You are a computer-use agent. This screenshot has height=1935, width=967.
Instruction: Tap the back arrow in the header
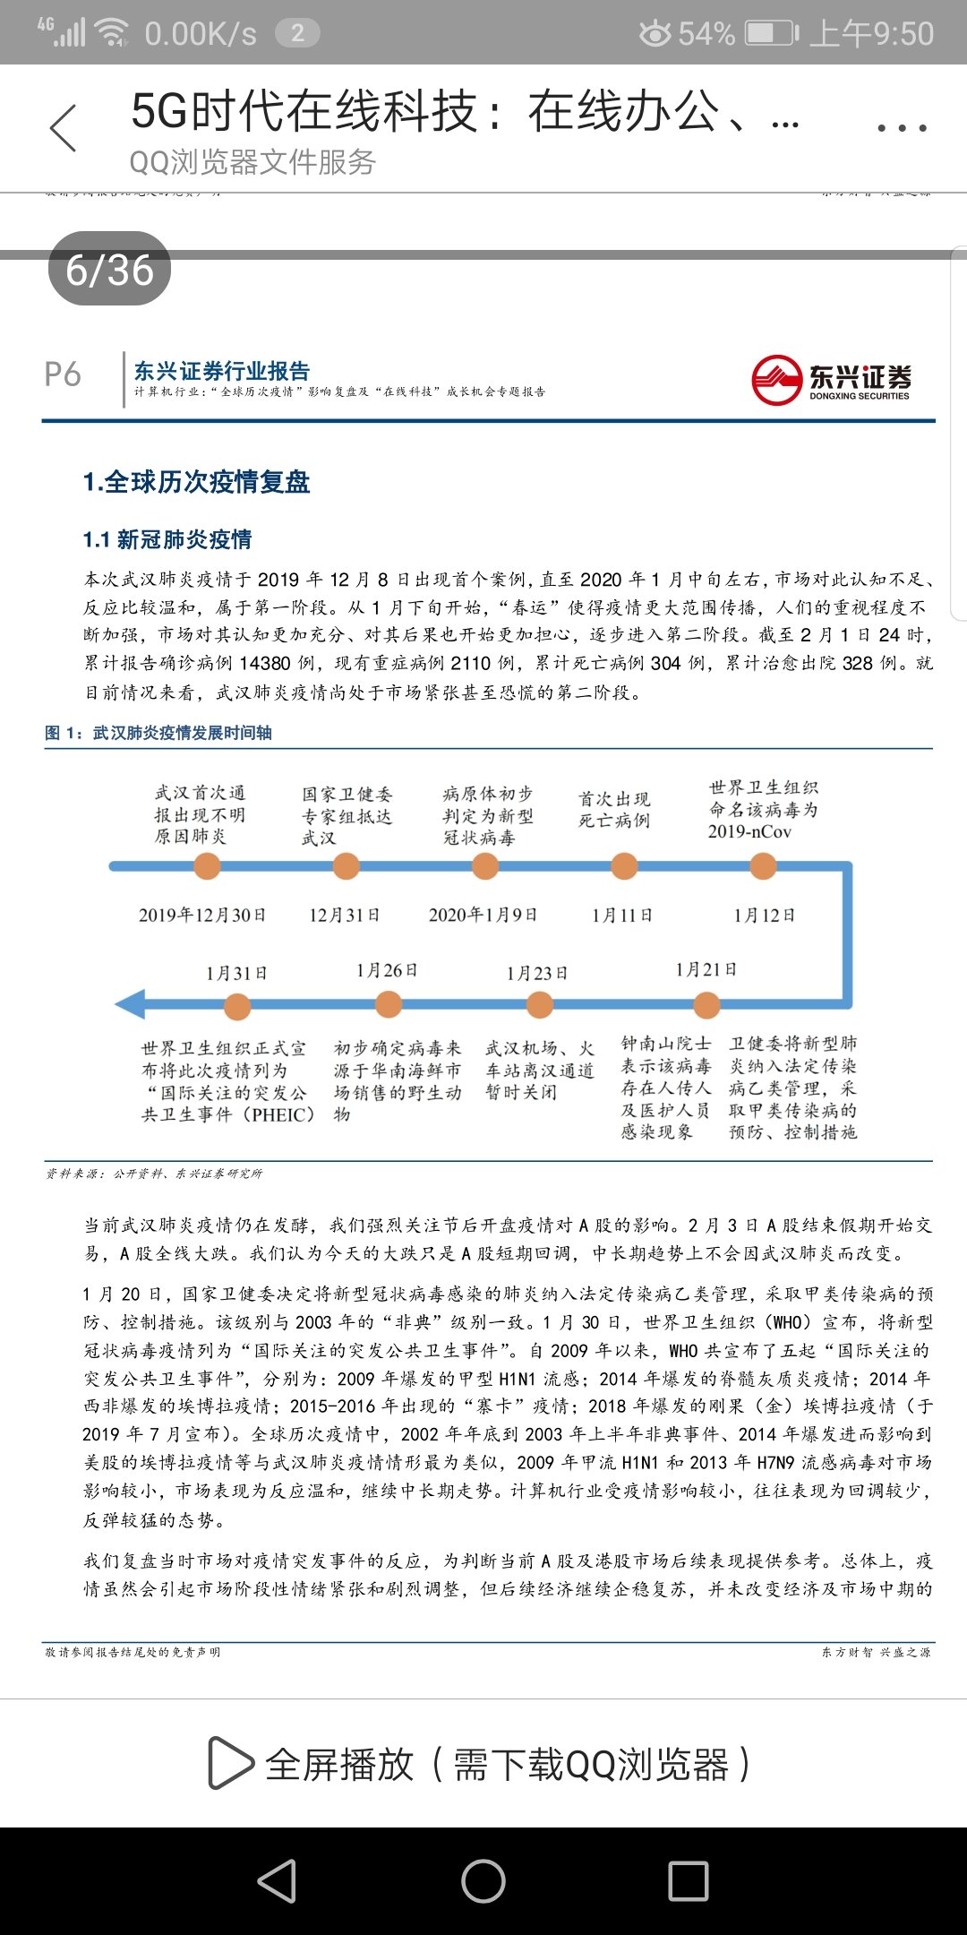64,128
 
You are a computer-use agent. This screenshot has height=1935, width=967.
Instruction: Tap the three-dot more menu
902,128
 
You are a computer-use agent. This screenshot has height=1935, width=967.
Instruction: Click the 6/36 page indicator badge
109,269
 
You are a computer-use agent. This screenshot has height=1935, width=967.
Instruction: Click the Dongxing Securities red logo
776,380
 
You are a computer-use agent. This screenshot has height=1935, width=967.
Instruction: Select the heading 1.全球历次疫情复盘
196,482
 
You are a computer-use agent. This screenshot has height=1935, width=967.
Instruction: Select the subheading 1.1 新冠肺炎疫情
167,539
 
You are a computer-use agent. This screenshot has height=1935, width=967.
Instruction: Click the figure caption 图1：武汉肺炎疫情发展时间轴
158,733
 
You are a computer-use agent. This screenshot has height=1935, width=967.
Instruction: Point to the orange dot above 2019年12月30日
207,866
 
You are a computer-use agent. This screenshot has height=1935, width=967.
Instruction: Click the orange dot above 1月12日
763,866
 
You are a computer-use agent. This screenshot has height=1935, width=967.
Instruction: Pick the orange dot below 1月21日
706,1005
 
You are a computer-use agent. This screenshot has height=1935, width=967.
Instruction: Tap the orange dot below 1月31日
237,1006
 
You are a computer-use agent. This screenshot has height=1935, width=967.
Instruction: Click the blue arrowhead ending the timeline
131,1004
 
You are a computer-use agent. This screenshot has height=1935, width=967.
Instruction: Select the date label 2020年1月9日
483,915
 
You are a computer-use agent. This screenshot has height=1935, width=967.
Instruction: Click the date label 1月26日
387,970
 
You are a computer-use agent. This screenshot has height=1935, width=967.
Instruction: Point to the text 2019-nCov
749,831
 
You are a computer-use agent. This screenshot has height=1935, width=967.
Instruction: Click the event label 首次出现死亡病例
614,809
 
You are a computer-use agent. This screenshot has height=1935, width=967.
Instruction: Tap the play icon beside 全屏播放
230,1763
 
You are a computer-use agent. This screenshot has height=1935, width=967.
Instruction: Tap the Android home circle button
483,1880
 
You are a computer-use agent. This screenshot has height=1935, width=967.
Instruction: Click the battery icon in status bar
771,34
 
